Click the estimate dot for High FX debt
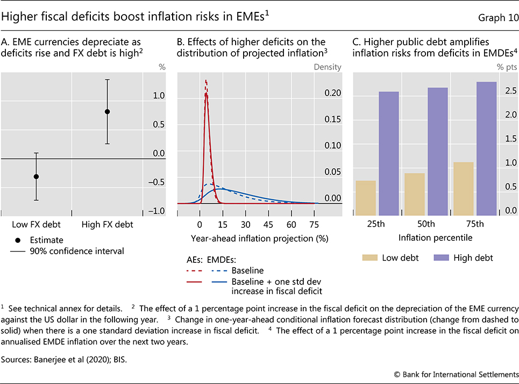107,111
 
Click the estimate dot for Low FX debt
37,177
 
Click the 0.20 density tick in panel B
332,93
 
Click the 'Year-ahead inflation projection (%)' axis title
259,238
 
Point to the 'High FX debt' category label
107,224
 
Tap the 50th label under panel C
425,224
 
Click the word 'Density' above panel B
328,67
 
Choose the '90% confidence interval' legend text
76,251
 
